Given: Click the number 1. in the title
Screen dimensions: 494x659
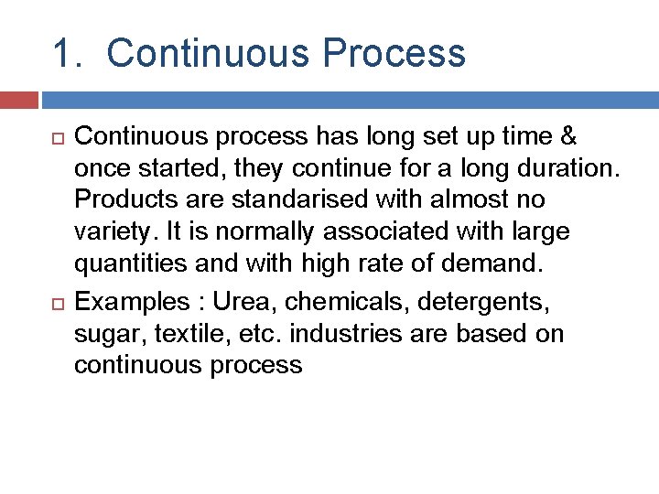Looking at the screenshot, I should (70, 54).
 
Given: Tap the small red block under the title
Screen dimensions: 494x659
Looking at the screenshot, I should (19, 100).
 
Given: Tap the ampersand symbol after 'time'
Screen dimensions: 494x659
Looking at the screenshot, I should (567, 137).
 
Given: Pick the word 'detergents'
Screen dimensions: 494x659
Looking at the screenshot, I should (483, 302).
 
